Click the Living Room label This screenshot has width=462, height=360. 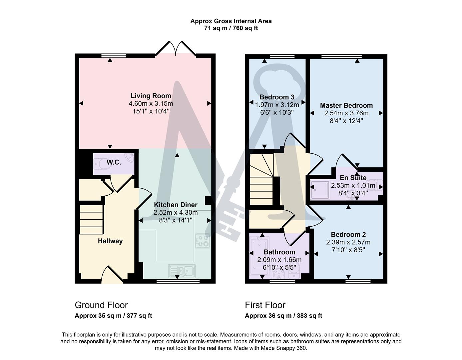151,96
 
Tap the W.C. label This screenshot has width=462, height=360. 114,162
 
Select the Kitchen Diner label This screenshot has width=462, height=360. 175,205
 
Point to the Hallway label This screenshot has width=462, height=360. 110,241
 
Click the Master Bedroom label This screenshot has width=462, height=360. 346,105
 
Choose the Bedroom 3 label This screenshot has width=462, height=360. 277,97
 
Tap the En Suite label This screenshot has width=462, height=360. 353,178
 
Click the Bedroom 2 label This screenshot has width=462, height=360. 348,234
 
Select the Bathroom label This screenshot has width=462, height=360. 279,252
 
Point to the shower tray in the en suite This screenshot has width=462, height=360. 319,190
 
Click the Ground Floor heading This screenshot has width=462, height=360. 101,305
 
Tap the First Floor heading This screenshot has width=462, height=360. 265,305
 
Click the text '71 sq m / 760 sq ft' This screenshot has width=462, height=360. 231,28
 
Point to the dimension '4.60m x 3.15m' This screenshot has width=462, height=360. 151,104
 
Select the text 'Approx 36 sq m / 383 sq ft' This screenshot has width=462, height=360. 283,316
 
